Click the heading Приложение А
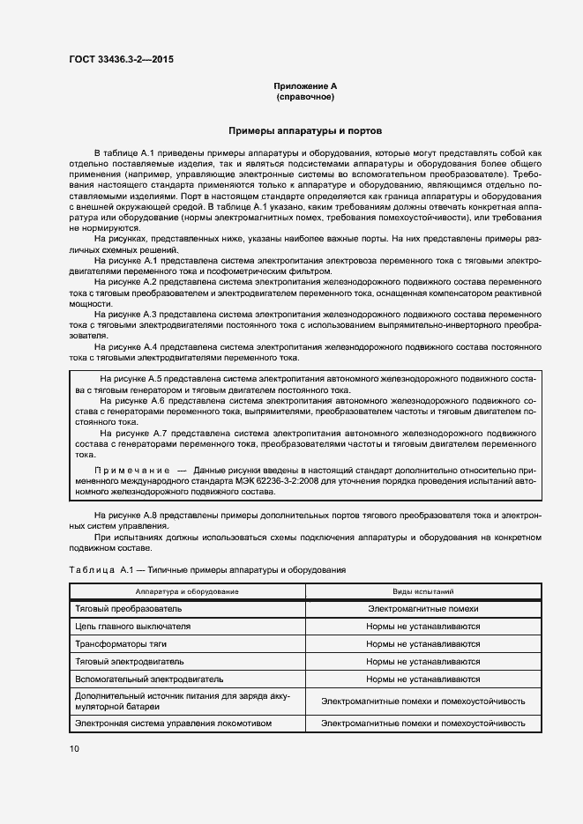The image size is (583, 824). pos(304,86)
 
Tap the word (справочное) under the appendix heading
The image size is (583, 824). pos(304,97)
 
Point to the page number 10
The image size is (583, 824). pos(73,748)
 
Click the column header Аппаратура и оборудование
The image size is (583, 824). pos(187,591)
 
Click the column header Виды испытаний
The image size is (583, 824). pos(423,591)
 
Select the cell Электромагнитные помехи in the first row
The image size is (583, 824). pos(423,609)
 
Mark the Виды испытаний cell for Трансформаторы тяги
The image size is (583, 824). pos(423,644)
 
